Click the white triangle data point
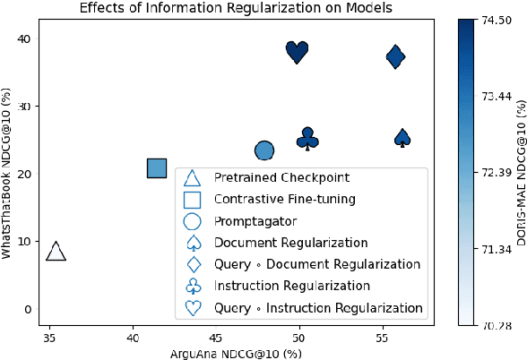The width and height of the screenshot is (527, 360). pyautogui.click(x=56, y=252)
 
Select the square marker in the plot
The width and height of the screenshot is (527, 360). pyautogui.click(x=157, y=167)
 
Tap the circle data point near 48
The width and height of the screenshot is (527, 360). pyautogui.click(x=264, y=151)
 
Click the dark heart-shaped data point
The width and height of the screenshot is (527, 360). pyautogui.click(x=298, y=51)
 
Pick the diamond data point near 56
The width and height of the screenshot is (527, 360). pyautogui.click(x=395, y=57)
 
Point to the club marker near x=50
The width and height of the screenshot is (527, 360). pyautogui.click(x=307, y=139)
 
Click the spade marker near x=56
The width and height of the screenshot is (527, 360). pyautogui.click(x=402, y=138)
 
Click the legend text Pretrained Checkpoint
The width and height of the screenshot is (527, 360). pyautogui.click(x=281, y=177)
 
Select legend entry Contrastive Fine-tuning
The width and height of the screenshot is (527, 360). pyautogui.click(x=285, y=199)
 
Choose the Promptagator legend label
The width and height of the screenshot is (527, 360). pyautogui.click(x=255, y=220)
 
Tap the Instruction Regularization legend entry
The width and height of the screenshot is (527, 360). pyautogui.click(x=291, y=286)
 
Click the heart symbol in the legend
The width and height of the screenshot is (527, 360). pyautogui.click(x=194, y=307)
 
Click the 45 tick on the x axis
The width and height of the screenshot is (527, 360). pyautogui.click(x=215, y=339)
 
